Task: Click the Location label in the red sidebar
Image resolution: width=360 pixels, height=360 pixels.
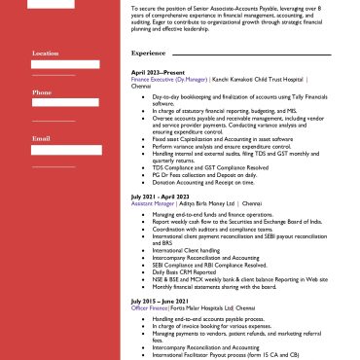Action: tap(46, 54)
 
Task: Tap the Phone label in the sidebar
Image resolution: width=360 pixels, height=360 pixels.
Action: tap(42, 92)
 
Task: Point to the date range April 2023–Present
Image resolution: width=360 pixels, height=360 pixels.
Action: tap(158, 73)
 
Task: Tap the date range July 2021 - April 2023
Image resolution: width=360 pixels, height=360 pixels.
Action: tap(162, 196)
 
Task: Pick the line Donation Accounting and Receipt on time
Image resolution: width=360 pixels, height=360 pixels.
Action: tap(198, 180)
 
